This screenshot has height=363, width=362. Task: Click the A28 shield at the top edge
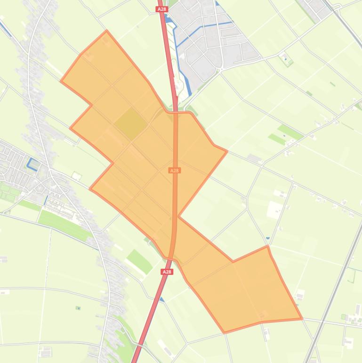pyautogui.click(x=161, y=9)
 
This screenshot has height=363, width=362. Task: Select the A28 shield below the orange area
pyautogui.click(x=167, y=272)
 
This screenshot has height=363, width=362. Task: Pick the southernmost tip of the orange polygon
pyautogui.click(x=225, y=332)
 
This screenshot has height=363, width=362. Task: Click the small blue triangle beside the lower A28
pyautogui.click(x=162, y=299)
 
